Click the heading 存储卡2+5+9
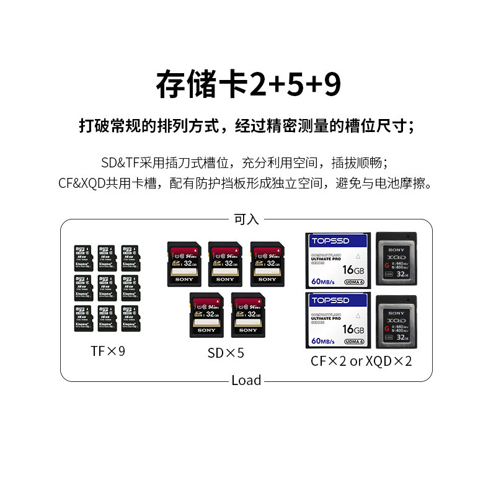[x=248, y=85]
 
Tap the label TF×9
[x=108, y=352]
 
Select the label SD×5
[x=226, y=353]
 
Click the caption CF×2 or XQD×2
[x=361, y=361]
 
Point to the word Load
[x=246, y=381]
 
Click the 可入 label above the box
[x=246, y=219]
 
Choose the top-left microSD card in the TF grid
[x=82, y=258]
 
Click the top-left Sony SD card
[x=184, y=263]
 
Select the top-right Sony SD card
[x=267, y=263]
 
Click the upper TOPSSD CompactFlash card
[x=339, y=259]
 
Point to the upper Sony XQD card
[x=397, y=259]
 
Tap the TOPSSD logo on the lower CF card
[x=330, y=301]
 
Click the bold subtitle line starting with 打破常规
[x=247, y=126]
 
